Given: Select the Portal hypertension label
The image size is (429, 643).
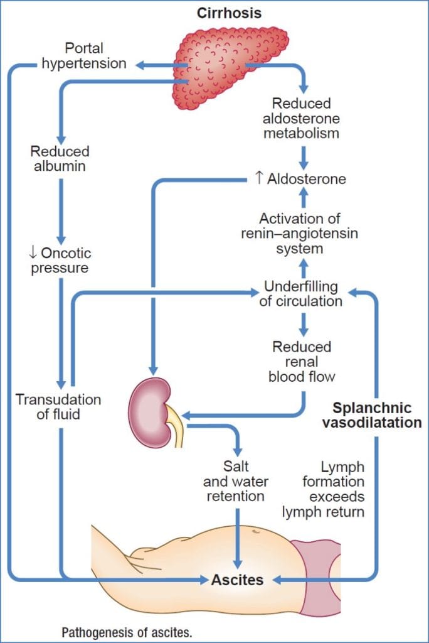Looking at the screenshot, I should pos(83,55).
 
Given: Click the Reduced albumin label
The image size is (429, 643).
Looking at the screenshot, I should pos(60,158).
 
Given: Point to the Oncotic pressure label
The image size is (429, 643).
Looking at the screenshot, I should pos(60,261).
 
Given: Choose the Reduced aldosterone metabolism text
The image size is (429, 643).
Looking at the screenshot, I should pos(302,117).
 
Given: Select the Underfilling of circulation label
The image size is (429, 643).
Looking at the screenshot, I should pos(301,294).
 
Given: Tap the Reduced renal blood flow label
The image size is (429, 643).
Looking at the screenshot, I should pos(302,362).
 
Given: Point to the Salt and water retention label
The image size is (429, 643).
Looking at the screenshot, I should pos(236,482).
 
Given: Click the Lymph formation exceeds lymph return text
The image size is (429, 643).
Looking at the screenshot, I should pos(333,490).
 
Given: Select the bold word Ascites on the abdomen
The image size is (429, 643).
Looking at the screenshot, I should pos(237,579).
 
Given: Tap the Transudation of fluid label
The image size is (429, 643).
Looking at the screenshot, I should pos(58,407).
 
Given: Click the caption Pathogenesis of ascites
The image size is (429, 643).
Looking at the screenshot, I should pos(126,631).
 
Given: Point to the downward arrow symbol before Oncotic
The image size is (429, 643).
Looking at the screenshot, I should pos(33,253).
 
